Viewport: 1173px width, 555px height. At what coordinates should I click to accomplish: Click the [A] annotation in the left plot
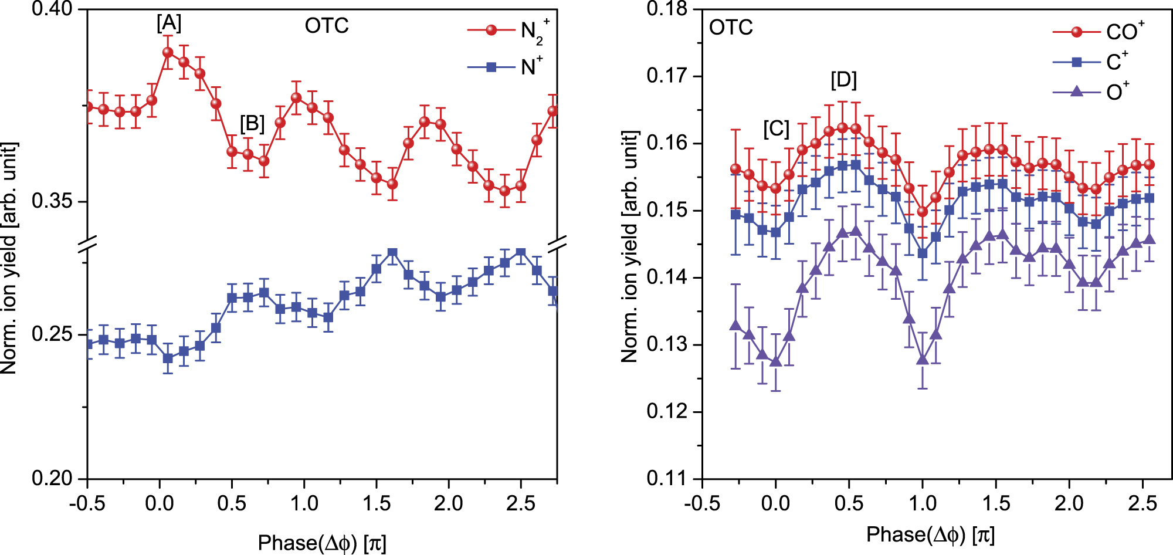pos(169,23)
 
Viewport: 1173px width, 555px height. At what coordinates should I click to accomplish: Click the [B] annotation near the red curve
pos(252,124)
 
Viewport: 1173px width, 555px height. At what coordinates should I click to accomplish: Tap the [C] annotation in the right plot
pos(776,129)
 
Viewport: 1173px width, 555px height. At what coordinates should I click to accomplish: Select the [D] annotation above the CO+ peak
pos(843,80)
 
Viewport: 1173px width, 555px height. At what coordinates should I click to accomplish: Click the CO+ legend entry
pos(1098,32)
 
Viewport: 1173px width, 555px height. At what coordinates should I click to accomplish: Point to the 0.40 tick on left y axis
pos(52,9)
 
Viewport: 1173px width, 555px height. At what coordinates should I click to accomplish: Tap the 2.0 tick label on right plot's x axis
pos(1069,503)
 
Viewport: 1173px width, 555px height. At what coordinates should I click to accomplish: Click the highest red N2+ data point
pos(168,52)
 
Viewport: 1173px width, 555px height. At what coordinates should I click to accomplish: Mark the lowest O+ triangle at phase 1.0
pos(923,359)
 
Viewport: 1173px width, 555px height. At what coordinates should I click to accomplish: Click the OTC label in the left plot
pos(327,26)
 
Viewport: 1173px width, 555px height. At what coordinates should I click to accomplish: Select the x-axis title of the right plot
pos(931,534)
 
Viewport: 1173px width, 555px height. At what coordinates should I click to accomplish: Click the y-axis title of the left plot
pos(9,258)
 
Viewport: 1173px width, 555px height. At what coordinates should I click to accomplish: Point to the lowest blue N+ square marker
pos(168,358)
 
